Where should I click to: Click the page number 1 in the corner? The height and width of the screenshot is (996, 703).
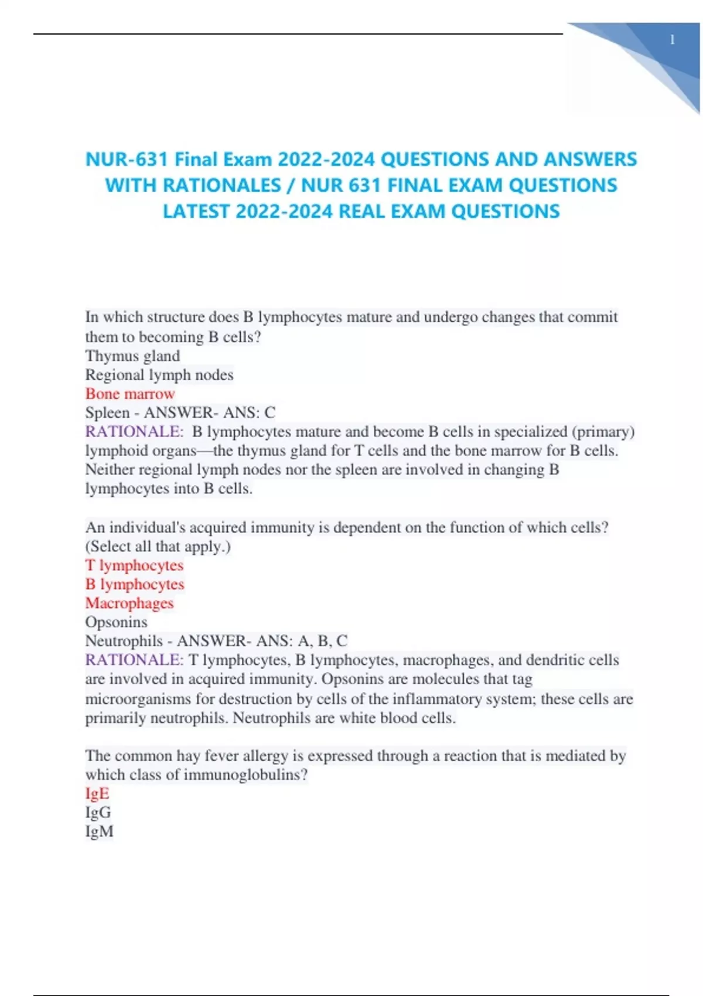[672, 40]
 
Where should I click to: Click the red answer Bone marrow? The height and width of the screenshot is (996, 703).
[130, 394]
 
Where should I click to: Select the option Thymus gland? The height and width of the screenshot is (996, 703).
[132, 356]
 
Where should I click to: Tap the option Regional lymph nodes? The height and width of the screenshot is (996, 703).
[159, 375]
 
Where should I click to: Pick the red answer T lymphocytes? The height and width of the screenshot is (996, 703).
[134, 565]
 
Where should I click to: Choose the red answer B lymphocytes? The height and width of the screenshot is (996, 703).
[135, 584]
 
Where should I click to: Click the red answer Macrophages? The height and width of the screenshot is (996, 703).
[129, 603]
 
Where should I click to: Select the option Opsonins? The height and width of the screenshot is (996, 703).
[116, 622]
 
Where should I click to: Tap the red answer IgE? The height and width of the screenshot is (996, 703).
[97, 793]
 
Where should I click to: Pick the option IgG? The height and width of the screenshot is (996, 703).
[98, 812]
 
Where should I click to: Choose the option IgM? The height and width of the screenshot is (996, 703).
[99, 831]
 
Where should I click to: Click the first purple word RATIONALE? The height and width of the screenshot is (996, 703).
[134, 432]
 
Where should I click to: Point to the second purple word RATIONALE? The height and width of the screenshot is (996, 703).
[134, 660]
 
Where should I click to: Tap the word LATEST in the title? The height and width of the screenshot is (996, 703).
[196, 212]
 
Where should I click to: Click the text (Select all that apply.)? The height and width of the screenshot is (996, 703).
[158, 547]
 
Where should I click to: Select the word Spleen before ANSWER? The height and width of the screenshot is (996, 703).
[107, 413]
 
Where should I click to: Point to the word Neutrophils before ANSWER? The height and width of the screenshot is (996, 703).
[124, 641]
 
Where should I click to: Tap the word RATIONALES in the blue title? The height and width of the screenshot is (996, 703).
[221, 186]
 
